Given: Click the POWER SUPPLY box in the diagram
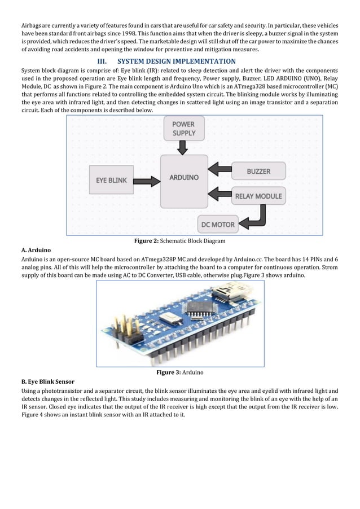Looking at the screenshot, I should [x=184, y=129].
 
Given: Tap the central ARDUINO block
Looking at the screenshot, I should [x=184, y=177].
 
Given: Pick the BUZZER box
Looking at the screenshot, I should [x=258, y=171].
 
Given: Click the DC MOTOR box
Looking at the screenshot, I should [x=218, y=225].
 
